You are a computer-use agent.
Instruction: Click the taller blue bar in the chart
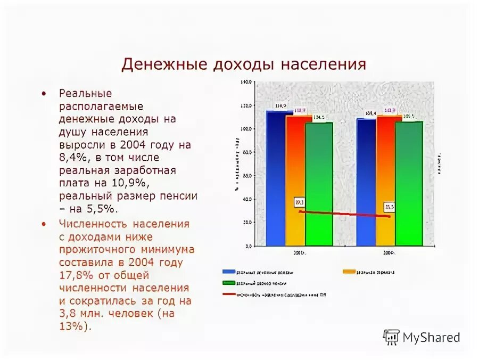(x=276, y=178)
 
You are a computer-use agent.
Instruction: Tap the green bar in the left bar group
(x=319, y=184)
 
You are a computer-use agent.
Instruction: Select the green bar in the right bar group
(x=409, y=184)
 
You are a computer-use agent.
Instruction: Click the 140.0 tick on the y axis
(x=245, y=83)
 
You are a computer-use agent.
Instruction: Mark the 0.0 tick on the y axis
(x=247, y=247)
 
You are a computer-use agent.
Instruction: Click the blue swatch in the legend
(x=229, y=272)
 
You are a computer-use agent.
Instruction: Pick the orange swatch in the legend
(x=349, y=272)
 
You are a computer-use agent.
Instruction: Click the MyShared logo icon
(x=391, y=337)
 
